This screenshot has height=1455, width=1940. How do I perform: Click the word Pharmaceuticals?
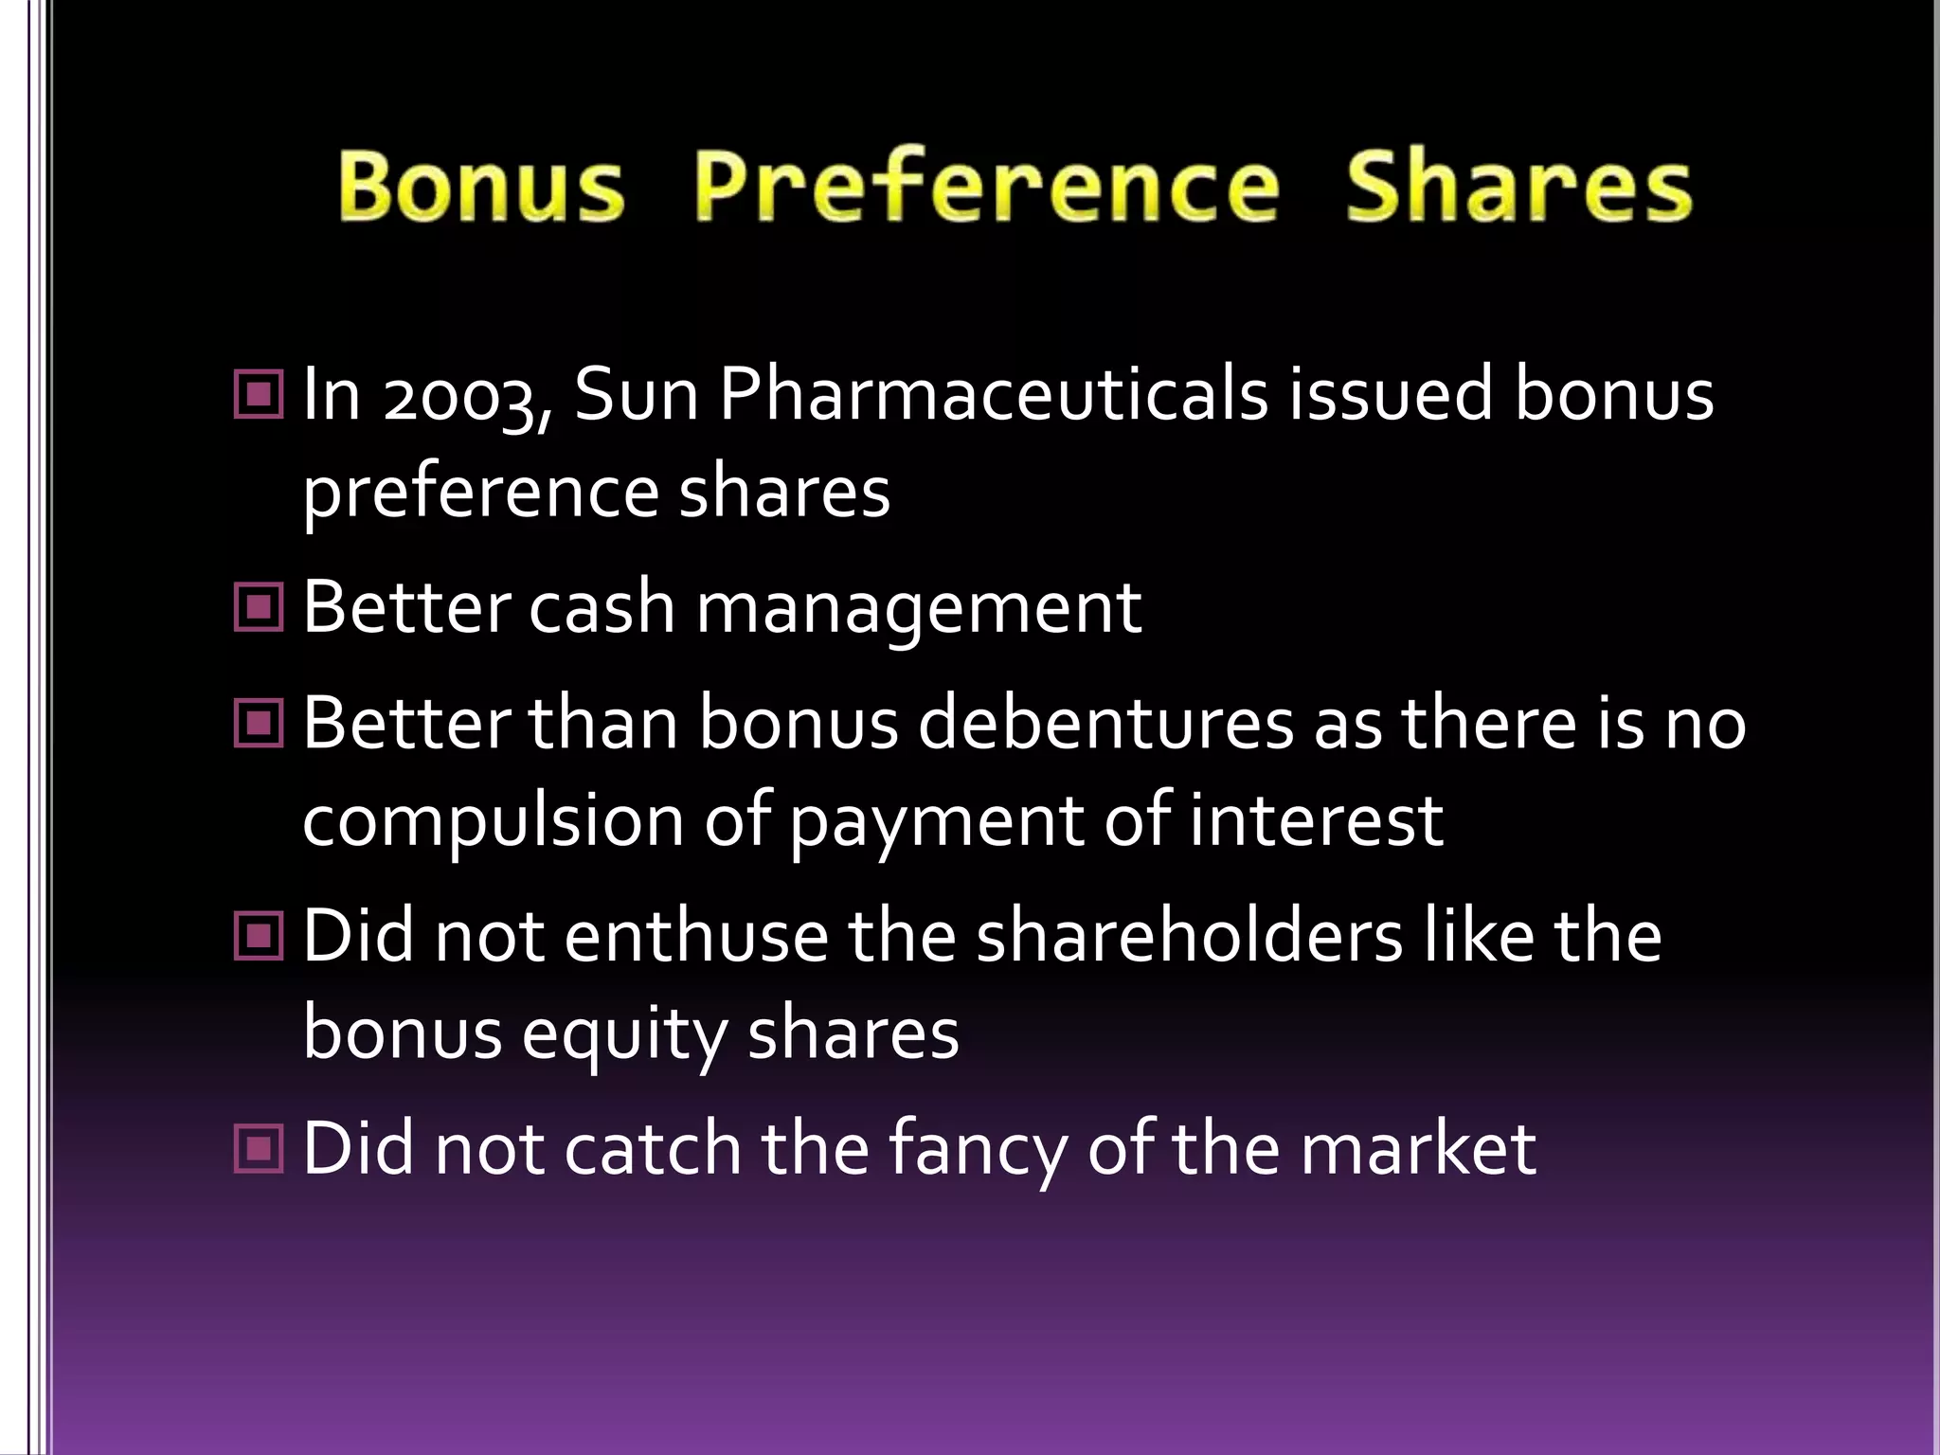993,395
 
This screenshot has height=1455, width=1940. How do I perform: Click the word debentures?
1105,725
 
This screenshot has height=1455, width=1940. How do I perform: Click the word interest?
1316,821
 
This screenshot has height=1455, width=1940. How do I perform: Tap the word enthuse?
697,937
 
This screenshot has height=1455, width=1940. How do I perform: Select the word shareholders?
1189,937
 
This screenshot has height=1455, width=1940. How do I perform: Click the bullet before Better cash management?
258,607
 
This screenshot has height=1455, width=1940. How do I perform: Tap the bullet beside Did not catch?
258,1149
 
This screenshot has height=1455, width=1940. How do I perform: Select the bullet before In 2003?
258,394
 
